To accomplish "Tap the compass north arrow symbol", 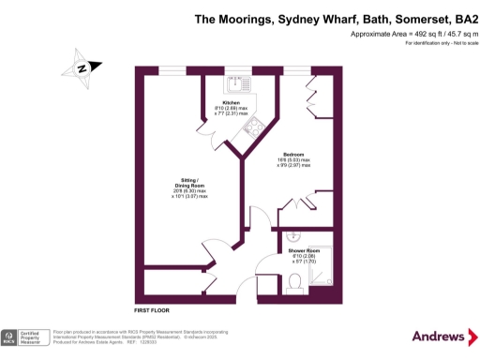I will coord(82,67).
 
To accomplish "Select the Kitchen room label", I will coord(231,102).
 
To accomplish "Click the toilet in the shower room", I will coord(293,289).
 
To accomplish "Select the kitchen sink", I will coord(236,82).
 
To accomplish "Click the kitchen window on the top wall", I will coord(236,70).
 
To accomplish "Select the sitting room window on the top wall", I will coord(171,70).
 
